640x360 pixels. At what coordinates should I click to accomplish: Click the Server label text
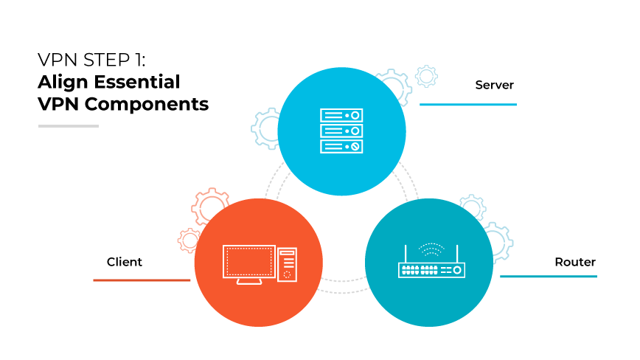[494, 85]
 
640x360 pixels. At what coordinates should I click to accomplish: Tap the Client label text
[125, 262]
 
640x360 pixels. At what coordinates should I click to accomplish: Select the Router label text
[575, 262]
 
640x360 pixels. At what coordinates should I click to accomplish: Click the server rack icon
[341, 131]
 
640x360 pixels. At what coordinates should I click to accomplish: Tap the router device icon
[432, 270]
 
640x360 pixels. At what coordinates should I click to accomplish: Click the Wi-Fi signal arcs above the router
[431, 249]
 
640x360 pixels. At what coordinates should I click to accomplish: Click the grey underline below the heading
[69, 126]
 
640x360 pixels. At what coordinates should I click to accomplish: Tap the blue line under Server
[467, 105]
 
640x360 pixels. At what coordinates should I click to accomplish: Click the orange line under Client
[142, 280]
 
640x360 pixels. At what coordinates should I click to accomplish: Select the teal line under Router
[548, 277]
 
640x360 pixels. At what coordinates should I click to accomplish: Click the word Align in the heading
[61, 81]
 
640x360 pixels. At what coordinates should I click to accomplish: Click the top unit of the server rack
[341, 116]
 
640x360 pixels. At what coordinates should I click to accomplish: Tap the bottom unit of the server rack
[341, 146]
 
